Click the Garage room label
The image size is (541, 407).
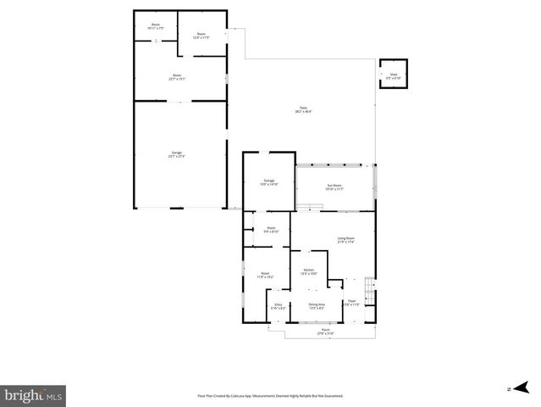[176, 154]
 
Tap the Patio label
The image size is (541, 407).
[302, 109]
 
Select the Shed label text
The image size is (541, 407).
[394, 76]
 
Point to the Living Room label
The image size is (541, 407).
[345, 240]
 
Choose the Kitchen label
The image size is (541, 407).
[310, 271]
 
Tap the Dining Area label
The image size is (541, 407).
[317, 306]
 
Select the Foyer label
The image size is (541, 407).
[352, 303]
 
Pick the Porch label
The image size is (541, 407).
[326, 332]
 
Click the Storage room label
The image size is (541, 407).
[268, 182]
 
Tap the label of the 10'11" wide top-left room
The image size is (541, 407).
[156, 26]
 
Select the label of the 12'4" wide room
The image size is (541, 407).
[201, 36]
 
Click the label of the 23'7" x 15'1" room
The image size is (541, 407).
[178, 77]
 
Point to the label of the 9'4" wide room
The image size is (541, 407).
[271, 229]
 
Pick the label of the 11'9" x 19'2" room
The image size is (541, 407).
[265, 275]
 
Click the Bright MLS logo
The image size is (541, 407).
[34, 394]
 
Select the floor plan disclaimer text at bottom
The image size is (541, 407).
[270, 396]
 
